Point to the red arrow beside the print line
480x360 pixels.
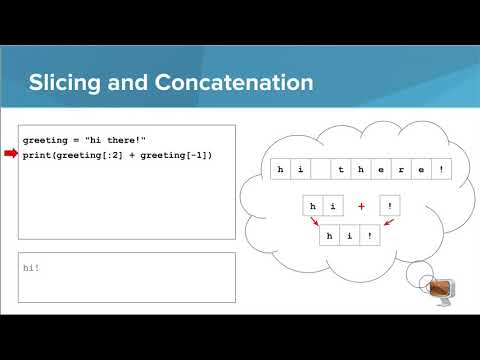click(x=11, y=154)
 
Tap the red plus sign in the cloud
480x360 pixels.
click(x=360, y=205)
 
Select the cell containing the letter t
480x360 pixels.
click(x=342, y=170)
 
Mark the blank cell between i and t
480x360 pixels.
click(x=320, y=170)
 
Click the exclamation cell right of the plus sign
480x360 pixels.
click(x=390, y=205)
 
